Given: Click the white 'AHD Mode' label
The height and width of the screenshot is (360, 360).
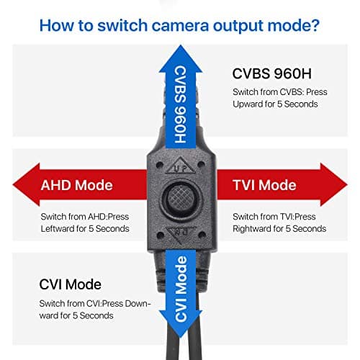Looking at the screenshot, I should coord(76,185).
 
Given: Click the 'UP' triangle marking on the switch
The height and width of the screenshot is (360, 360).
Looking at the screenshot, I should coord(179,166).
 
